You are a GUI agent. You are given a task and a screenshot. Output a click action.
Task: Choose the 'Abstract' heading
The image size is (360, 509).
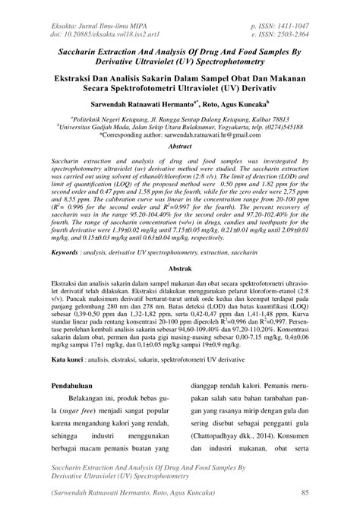tap(179, 144)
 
